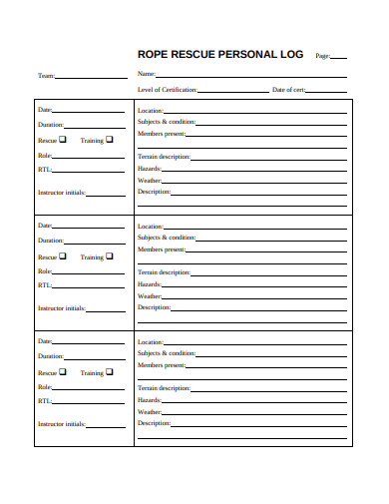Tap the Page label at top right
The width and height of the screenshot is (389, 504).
322,57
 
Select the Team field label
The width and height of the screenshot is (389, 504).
46,76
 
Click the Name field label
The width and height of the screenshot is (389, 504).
146,75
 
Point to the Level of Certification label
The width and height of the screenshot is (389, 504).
167,90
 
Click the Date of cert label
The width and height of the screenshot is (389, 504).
288,90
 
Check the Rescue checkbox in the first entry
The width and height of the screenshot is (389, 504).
63,140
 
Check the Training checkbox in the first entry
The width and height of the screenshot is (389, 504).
109,140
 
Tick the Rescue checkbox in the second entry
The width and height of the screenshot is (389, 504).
63,255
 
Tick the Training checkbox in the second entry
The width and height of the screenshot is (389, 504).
109,255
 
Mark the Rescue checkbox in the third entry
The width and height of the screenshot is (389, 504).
63,372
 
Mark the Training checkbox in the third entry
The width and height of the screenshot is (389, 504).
109,372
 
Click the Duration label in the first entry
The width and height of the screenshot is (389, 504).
50,125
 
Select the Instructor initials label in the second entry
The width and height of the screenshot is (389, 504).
61,308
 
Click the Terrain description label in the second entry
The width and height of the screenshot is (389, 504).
163,271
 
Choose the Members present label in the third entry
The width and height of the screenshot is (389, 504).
161,365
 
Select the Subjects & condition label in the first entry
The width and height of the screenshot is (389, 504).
166,122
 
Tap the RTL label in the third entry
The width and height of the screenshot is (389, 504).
44,401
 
